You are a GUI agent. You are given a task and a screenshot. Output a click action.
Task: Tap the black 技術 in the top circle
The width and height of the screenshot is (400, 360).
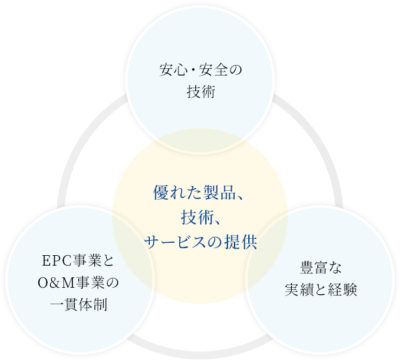tap(200, 92)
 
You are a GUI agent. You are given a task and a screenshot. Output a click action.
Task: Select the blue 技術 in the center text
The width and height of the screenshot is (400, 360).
tap(193, 217)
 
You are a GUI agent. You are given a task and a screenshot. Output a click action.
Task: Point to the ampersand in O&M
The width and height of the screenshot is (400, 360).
tap(54, 283)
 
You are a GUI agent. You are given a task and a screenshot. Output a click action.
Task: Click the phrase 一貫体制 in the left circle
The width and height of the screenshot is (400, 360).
tap(78, 305)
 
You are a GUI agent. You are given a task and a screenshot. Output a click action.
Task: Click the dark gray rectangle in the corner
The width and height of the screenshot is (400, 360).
tap(59, 31)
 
